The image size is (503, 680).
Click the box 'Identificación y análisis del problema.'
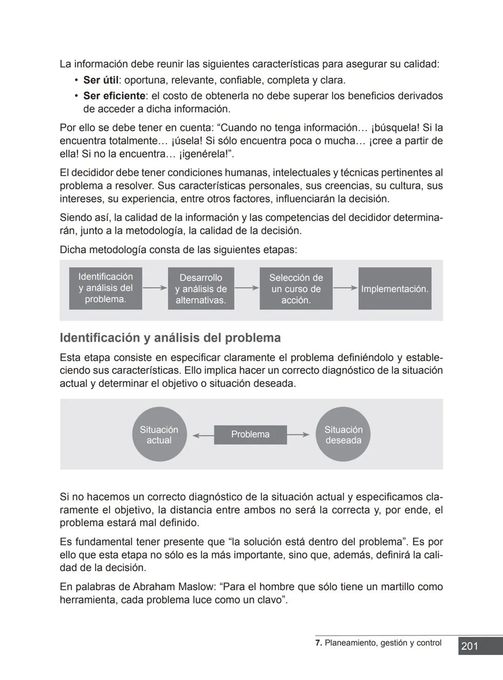coord(105,288)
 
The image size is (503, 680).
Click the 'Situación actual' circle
coord(159,434)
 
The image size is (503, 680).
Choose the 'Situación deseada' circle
coord(343,434)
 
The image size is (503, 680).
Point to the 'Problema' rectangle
coord(250,434)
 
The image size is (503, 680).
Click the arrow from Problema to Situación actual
coord(203,435)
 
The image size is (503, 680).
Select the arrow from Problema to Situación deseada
coord(298,435)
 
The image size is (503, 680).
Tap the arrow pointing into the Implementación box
coord(345,288)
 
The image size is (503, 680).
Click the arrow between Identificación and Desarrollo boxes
coord(155,288)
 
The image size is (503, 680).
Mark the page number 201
coord(469,646)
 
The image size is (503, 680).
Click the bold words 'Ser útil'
coord(101,80)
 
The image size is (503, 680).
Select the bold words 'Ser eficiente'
coord(114,96)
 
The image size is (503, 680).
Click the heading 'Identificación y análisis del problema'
coord(170,338)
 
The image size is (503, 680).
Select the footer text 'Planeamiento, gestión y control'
coord(383,643)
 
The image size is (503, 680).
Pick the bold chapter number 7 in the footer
coord(318,643)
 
